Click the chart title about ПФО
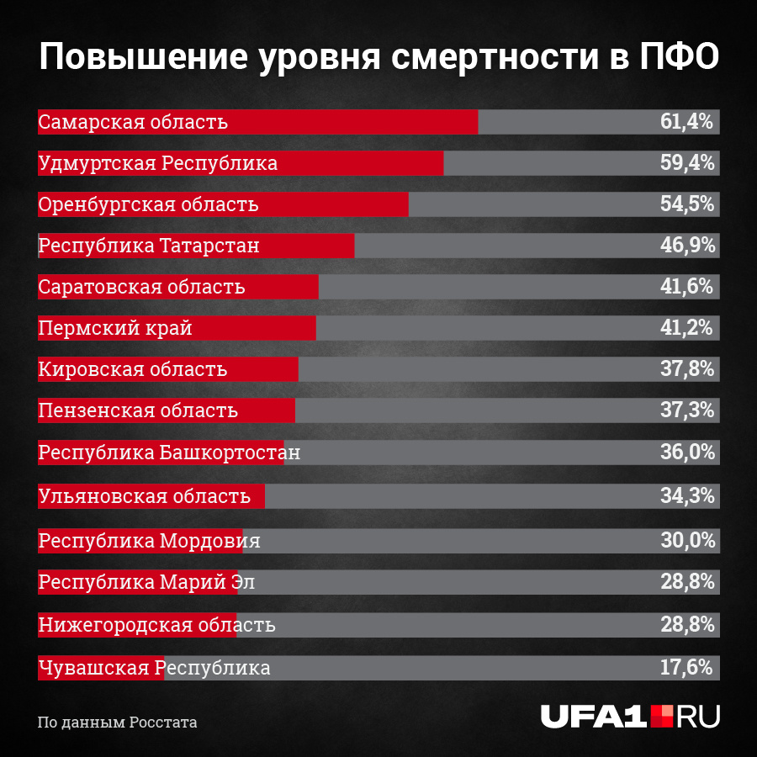coord(378,58)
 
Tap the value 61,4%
coord(686,122)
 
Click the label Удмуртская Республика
coord(158,163)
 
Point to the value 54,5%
coord(686,204)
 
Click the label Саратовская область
coord(141,287)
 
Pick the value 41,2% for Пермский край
coord(686,327)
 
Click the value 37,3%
coord(686,410)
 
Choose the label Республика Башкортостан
coord(169,453)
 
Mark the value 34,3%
coord(686,496)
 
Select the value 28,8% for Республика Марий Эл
coord(686,582)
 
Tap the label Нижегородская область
coord(156,626)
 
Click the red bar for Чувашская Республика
coord(101,668)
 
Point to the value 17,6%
coord(686,668)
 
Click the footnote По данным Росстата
coord(117,723)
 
